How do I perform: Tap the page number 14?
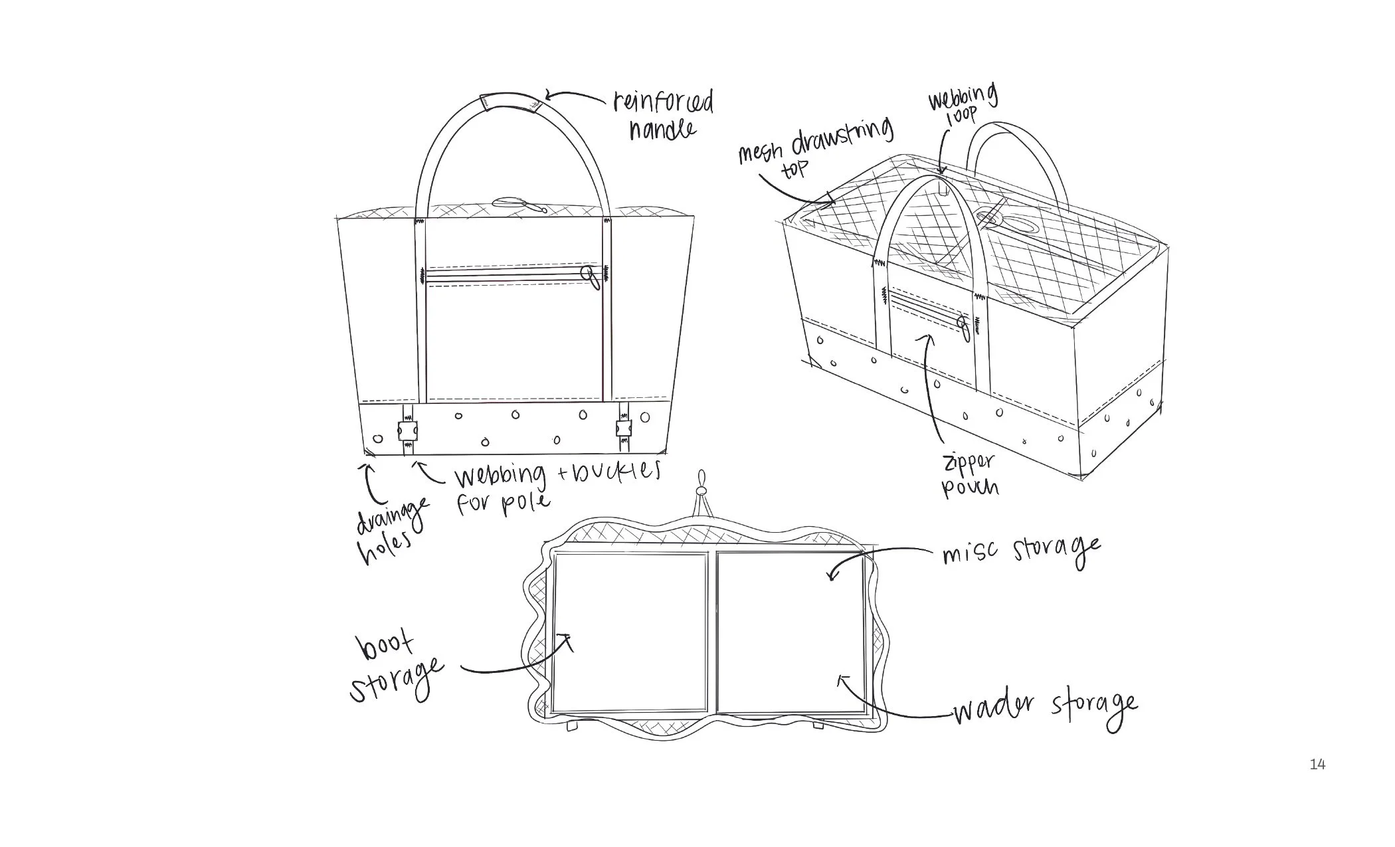[x=1317, y=765]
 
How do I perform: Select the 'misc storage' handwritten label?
[x=1020, y=551]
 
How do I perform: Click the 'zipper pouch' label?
[x=969, y=475]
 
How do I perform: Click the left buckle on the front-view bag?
[x=407, y=430]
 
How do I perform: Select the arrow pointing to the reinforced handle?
[x=571, y=97]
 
